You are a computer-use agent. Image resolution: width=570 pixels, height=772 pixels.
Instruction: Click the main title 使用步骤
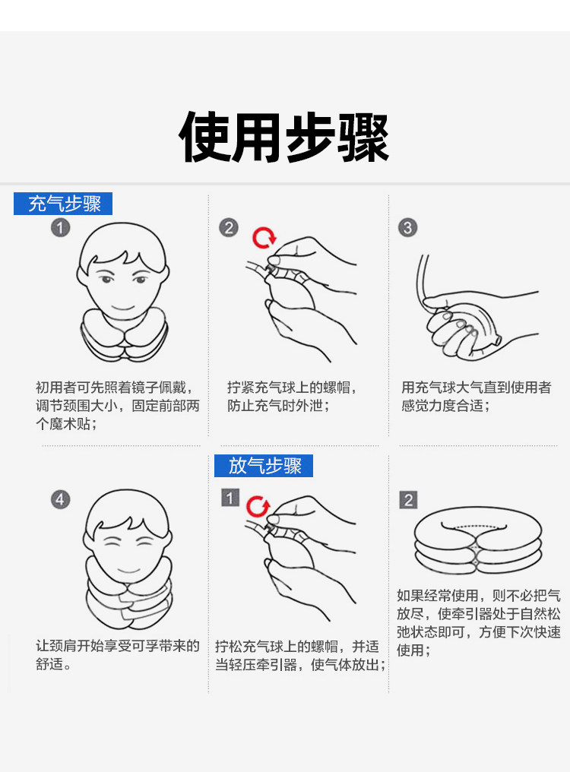284,137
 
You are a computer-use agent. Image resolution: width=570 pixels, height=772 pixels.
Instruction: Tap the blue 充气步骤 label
63,204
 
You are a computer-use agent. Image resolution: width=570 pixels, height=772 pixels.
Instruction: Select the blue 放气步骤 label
264,466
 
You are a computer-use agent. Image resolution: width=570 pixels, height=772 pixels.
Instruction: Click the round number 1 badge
61,228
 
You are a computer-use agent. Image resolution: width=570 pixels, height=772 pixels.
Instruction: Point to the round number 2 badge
229,228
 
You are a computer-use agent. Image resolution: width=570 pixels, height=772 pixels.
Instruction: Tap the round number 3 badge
408,228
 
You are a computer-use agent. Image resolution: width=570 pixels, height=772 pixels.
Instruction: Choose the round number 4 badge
61,500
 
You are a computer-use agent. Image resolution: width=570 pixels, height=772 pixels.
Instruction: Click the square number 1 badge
230,498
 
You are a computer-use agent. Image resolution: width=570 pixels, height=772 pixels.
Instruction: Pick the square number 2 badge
408,500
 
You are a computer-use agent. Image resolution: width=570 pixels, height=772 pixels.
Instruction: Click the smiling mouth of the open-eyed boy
122,307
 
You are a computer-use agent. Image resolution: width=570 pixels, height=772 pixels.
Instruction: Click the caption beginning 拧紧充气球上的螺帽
292,397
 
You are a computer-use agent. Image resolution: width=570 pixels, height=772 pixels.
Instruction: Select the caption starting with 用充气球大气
476,397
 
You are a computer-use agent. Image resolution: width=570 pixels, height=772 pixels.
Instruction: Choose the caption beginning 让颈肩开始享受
118,655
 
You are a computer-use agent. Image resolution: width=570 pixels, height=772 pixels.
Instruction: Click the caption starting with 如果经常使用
479,623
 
